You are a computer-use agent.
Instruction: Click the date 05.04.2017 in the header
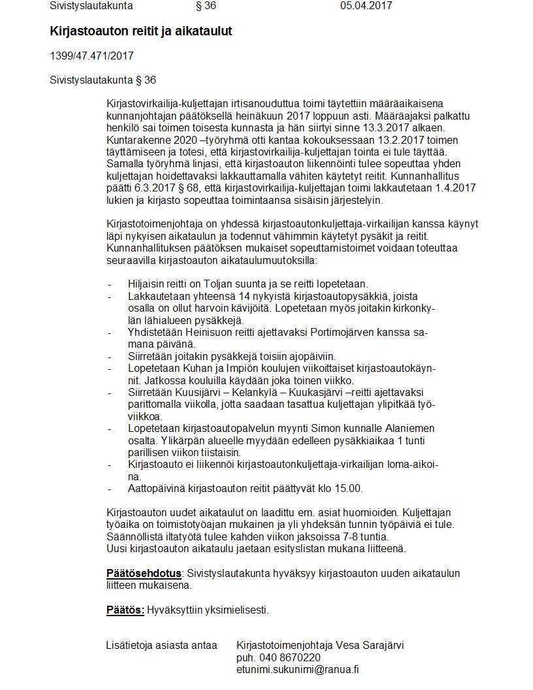coord(366,6)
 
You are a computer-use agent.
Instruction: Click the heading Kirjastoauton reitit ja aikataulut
coord(140,31)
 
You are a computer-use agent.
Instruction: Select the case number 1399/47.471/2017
coord(91,56)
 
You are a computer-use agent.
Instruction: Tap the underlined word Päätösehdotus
coord(144,574)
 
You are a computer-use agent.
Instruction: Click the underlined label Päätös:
coord(125,610)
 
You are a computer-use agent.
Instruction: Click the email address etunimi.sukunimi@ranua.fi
coord(298,670)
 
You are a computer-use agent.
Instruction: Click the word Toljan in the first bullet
coord(218,284)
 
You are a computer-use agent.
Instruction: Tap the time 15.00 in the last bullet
coord(349,489)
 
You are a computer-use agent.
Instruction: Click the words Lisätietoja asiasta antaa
coord(161,646)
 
